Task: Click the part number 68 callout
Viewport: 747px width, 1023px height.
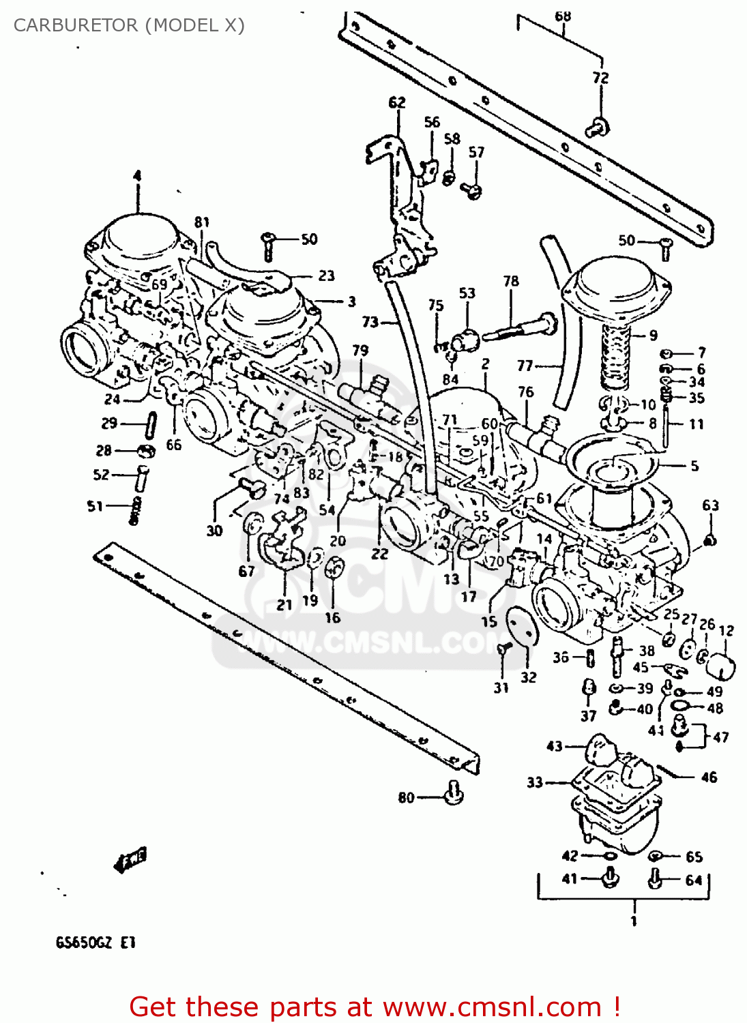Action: click(562, 16)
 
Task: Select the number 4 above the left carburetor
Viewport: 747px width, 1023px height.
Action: click(137, 176)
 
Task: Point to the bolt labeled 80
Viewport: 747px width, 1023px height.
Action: click(454, 793)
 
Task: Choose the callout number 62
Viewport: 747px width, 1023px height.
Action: click(397, 102)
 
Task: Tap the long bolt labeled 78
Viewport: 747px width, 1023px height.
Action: click(518, 327)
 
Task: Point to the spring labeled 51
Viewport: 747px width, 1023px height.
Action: click(135, 510)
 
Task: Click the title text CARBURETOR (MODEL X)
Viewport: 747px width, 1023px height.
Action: click(129, 25)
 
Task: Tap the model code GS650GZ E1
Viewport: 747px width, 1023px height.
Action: click(96, 943)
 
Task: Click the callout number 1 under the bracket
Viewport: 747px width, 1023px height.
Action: click(634, 921)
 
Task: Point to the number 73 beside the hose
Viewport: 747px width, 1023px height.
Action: click(370, 321)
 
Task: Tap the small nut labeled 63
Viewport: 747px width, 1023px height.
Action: click(710, 541)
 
